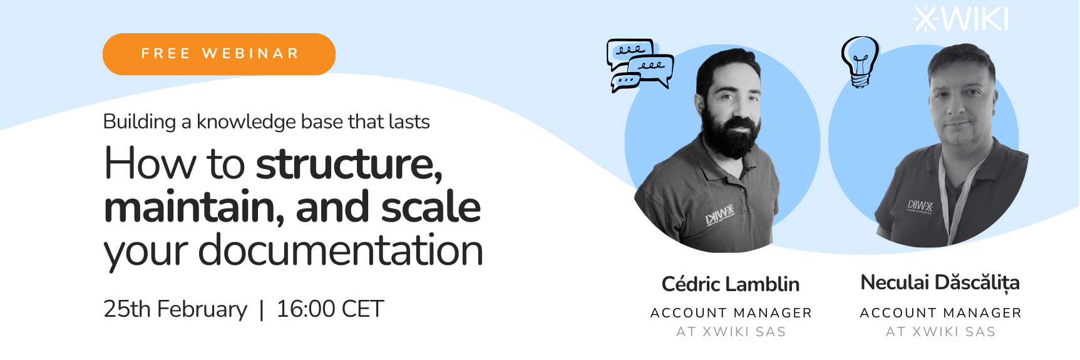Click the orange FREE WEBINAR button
coord(219,54)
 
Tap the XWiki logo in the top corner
coord(961,19)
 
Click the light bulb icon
coord(860,61)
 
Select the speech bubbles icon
coord(640,65)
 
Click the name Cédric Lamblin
coord(731,284)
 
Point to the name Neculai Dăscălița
coord(940,283)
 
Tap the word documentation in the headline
coord(341,250)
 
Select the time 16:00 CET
coord(330,309)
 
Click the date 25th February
coord(175,309)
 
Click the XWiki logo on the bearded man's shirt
coord(720,216)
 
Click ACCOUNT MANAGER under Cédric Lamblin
coord(731,313)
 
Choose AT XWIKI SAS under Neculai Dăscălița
coord(940,332)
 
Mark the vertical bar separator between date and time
coord(262,310)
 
